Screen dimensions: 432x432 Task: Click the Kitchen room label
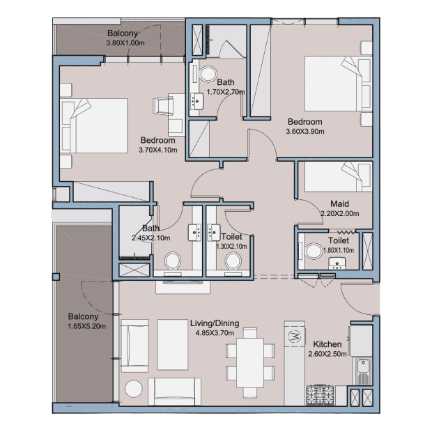[327, 344]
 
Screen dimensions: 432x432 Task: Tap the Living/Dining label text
[215, 323]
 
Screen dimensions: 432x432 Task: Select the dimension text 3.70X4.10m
[158, 150]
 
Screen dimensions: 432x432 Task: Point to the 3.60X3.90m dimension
[305, 132]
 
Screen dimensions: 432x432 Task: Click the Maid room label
[340, 204]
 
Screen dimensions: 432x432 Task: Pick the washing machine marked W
[295, 336]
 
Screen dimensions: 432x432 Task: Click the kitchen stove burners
[320, 395]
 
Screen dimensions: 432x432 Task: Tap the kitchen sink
[362, 371]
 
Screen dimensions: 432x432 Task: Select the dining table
[250, 363]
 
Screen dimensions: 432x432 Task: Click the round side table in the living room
[134, 389]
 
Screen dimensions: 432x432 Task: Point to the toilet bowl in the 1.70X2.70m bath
[208, 74]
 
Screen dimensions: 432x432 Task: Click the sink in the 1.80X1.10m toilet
[337, 263]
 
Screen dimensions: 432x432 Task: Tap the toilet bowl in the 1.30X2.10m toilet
[233, 261]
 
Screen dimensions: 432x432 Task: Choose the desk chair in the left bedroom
[163, 106]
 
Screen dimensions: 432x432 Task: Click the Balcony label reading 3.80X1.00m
[123, 33]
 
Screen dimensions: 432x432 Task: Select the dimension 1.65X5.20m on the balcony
[87, 326]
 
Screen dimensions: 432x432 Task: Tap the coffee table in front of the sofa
[173, 345]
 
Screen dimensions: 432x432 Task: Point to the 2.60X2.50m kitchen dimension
[327, 354]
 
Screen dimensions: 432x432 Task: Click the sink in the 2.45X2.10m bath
[194, 233]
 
